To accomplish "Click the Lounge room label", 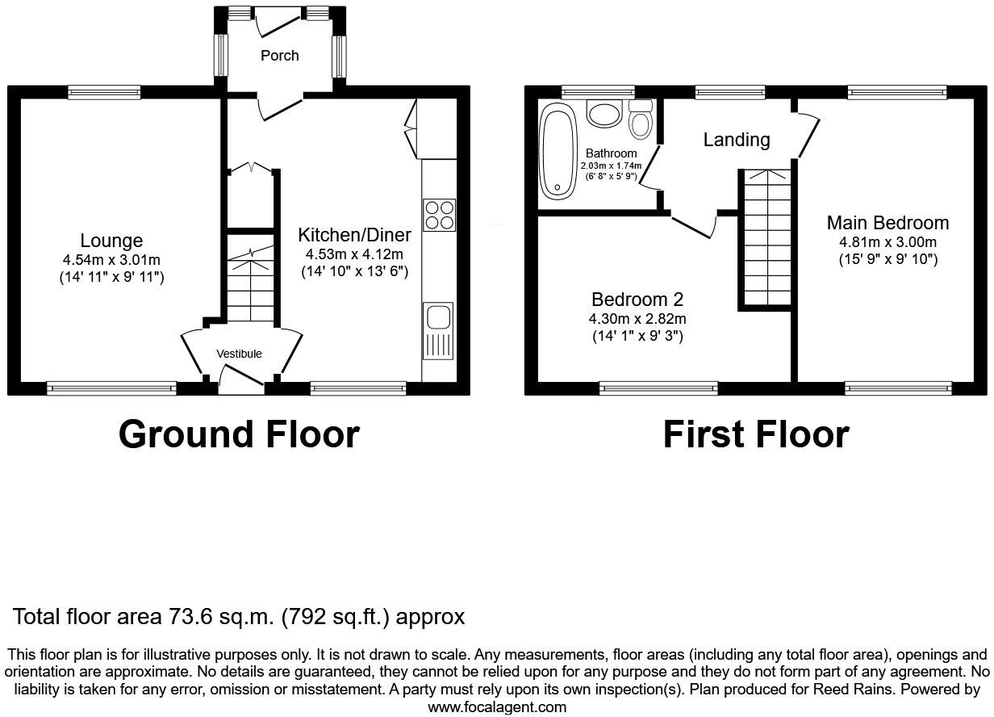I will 111,241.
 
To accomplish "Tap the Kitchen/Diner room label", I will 354,235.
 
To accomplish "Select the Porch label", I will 279,56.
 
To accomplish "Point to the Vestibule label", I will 239,354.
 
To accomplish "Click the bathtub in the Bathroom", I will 557,151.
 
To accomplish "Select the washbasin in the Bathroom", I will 603,113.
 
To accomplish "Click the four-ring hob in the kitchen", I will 439,214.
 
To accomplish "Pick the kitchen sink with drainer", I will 438,330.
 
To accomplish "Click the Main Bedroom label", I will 887,223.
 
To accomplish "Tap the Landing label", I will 736,140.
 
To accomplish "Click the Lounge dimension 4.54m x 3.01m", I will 111,260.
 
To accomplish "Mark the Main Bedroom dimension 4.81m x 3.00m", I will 887,242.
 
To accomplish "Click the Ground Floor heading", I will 239,434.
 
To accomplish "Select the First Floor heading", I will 755,434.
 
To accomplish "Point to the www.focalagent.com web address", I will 496,707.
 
